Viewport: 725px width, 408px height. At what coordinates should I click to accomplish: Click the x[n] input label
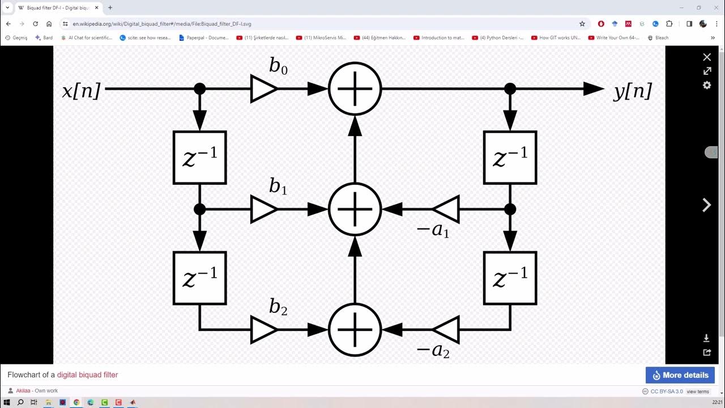[81, 91]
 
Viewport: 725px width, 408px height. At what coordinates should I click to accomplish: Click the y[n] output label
[633, 91]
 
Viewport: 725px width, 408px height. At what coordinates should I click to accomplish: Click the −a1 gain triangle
[446, 210]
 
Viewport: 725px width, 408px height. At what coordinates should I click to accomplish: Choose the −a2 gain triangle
[446, 330]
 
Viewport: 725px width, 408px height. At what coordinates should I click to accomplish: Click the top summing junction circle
[355, 89]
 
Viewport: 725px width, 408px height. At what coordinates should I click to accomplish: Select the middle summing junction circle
[355, 210]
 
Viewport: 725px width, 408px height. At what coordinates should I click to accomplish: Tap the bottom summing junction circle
[355, 330]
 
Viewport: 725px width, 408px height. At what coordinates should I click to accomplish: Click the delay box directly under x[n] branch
[200, 158]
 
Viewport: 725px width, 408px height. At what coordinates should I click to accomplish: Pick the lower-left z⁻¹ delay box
[200, 278]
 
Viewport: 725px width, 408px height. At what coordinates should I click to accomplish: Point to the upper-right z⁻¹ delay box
[510, 158]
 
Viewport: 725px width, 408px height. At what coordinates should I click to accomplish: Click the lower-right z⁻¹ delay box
[510, 278]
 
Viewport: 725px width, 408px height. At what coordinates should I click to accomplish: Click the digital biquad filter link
[87, 375]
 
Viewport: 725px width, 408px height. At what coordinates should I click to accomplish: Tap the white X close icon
[707, 57]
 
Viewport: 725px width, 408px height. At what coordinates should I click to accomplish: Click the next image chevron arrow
[707, 205]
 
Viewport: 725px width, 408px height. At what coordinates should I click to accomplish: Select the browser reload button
[36, 24]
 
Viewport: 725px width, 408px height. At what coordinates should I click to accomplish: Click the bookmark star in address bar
[582, 24]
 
